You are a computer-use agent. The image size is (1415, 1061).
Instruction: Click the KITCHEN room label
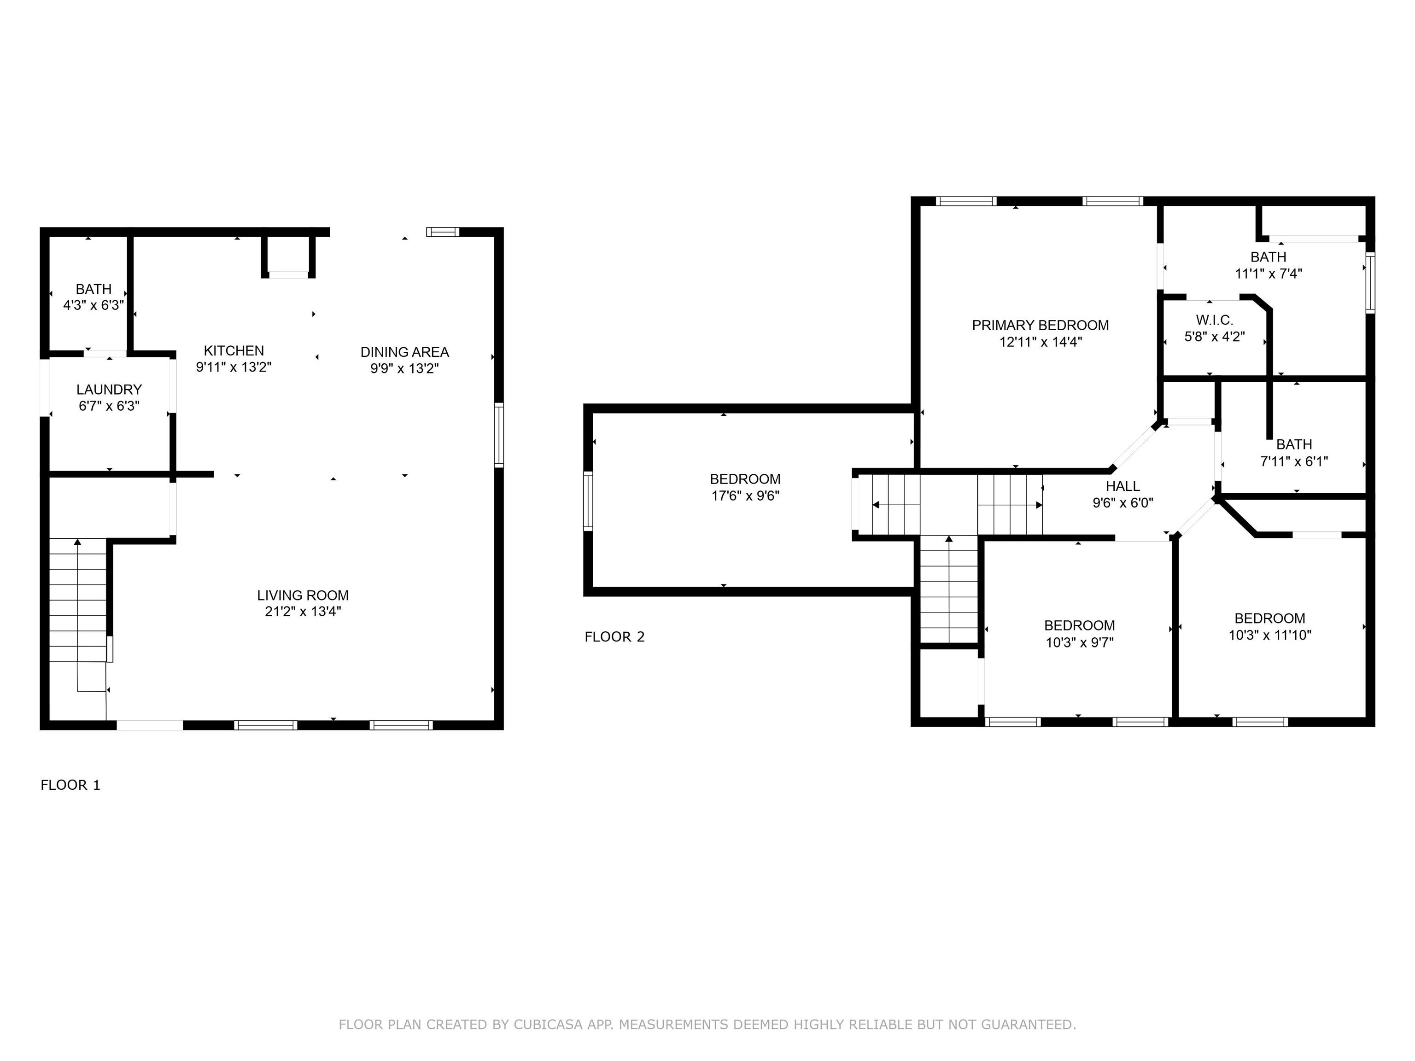click(234, 350)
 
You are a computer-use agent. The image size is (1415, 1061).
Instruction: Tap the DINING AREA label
click(404, 352)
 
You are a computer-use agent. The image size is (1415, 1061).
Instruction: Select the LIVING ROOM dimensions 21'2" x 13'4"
click(303, 612)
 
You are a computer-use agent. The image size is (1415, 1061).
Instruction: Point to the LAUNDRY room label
click(109, 390)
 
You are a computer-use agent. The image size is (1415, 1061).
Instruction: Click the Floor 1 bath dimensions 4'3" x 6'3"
click(94, 305)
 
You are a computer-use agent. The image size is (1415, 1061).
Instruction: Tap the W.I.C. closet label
click(1214, 320)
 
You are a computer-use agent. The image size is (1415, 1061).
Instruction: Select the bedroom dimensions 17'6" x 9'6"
click(745, 496)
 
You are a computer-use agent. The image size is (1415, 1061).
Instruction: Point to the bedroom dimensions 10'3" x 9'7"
click(1079, 642)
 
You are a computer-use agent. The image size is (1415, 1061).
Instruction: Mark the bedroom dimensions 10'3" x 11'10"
click(1270, 635)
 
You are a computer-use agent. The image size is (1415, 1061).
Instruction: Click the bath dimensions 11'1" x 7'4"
click(1268, 274)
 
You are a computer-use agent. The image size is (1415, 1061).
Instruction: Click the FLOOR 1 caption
click(70, 785)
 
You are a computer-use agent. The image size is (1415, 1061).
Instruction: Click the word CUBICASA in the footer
click(548, 1025)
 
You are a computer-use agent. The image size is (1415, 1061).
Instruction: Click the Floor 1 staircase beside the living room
click(77, 600)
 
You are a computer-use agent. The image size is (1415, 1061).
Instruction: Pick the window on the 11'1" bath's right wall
click(1369, 283)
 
